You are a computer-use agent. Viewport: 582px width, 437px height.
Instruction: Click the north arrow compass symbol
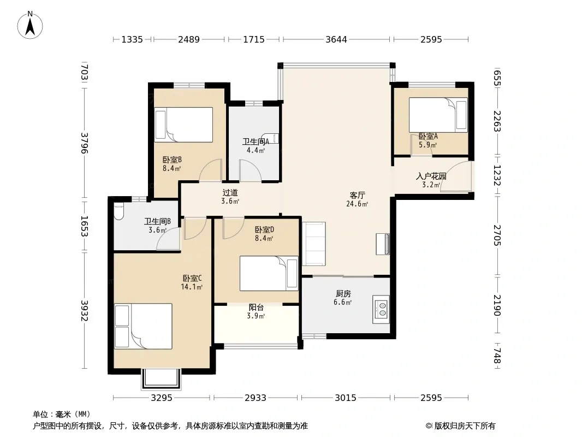(x=30, y=25)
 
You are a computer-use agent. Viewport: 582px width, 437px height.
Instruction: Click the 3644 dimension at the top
(x=336, y=39)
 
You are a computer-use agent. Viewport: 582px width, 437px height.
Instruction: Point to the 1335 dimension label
(x=132, y=39)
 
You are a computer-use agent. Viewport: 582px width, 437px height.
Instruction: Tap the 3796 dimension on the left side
(x=85, y=143)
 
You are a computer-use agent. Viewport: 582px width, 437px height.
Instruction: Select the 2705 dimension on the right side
(x=497, y=235)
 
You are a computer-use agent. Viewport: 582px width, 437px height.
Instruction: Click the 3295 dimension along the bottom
(x=162, y=398)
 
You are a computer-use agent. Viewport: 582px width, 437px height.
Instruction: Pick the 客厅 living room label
(x=358, y=196)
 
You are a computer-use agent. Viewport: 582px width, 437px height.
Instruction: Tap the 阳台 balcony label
(x=256, y=308)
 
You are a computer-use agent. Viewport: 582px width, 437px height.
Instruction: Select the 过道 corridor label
(x=230, y=193)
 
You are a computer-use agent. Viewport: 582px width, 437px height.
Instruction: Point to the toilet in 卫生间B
(x=118, y=212)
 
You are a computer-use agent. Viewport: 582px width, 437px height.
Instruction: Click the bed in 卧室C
(x=143, y=326)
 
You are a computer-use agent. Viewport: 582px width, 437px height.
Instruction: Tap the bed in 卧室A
(x=438, y=115)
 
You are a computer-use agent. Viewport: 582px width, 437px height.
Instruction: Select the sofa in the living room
(x=313, y=244)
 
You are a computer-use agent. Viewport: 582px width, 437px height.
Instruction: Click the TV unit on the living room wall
(x=383, y=244)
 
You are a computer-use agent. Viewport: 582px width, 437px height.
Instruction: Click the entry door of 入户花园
(x=456, y=177)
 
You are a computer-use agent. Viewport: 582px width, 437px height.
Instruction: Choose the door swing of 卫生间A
(x=251, y=170)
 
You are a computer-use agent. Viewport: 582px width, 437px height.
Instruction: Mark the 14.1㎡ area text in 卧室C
(x=192, y=287)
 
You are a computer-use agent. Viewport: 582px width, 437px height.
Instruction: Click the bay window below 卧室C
(x=161, y=379)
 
